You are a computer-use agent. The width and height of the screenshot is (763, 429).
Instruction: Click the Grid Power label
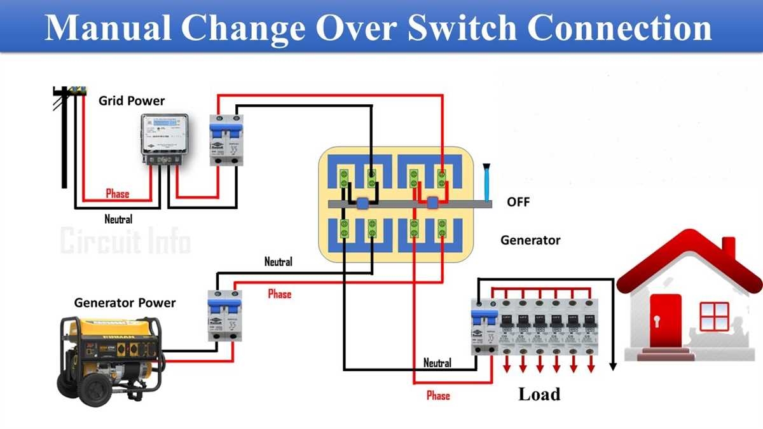(131, 101)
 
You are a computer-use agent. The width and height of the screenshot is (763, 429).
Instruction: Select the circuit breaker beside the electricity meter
(226, 140)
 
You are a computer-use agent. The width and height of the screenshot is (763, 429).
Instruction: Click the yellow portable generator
(112, 357)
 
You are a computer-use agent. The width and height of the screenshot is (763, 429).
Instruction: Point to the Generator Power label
(125, 303)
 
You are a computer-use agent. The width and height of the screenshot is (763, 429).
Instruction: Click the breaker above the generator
(225, 315)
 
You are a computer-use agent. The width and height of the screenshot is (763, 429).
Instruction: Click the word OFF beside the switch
(518, 203)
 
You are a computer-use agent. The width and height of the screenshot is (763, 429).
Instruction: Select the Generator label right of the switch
(530, 240)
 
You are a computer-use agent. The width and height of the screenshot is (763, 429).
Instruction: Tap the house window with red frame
(713, 317)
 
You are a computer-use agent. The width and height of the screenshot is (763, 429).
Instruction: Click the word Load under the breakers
(539, 394)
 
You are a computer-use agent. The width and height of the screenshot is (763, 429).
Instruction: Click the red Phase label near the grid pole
(117, 194)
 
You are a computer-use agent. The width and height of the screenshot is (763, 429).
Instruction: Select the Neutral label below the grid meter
(118, 220)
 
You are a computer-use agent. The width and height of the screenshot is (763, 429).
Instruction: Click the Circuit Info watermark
(125, 242)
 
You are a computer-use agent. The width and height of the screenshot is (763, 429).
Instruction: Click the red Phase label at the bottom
(437, 395)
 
